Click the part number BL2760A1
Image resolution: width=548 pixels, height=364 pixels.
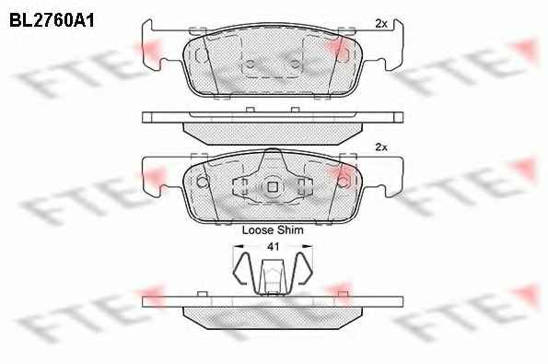pos(52,20)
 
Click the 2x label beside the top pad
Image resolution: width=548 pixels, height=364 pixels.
pos(381,24)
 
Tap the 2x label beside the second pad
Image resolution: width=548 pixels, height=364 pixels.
pos(381,147)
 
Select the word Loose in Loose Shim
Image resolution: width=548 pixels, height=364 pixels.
pos(258,230)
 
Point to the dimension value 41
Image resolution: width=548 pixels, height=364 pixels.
pos(273,247)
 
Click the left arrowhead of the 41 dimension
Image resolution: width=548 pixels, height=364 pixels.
pos(238,247)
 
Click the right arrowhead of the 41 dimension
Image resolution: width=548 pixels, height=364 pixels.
pos(308,247)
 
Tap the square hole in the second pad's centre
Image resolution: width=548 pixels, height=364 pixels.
pos(273,187)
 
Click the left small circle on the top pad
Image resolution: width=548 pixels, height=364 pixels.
pos(251,64)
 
